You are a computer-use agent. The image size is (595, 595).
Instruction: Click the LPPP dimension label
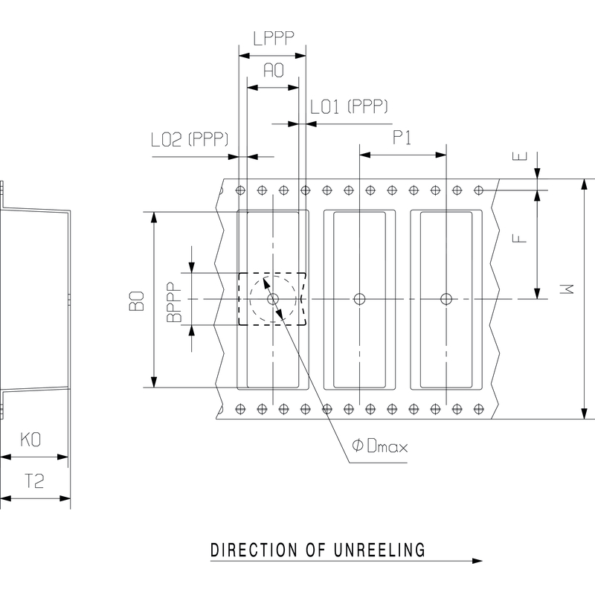point(274,39)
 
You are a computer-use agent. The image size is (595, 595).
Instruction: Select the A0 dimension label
point(274,70)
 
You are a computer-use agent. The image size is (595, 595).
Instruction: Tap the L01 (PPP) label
point(349,106)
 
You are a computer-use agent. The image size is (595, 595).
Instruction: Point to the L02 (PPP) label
point(190,139)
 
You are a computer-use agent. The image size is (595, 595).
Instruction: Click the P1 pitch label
point(402,138)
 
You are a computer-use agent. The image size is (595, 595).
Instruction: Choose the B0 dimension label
point(137,301)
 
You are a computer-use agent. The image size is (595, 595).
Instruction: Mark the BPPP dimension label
point(175,302)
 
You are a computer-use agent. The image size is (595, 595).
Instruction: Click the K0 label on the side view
point(30,440)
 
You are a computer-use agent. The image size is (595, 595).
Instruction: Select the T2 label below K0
point(34,481)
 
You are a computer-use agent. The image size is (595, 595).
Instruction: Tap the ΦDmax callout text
point(380,446)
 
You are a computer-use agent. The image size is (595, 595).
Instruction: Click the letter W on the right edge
point(567,289)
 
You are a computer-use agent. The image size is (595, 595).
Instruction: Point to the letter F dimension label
point(519,238)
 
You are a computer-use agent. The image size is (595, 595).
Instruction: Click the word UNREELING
point(380,550)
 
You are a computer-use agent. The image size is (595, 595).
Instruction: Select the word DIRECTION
point(254,550)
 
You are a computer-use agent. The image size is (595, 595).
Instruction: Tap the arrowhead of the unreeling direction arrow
point(477,561)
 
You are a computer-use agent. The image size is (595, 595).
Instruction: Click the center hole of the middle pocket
point(359,299)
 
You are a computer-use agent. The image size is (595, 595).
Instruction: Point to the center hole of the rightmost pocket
point(446,299)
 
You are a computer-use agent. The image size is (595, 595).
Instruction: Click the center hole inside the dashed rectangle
point(273,299)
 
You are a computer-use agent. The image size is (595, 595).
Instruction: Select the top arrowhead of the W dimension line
point(585,184)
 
